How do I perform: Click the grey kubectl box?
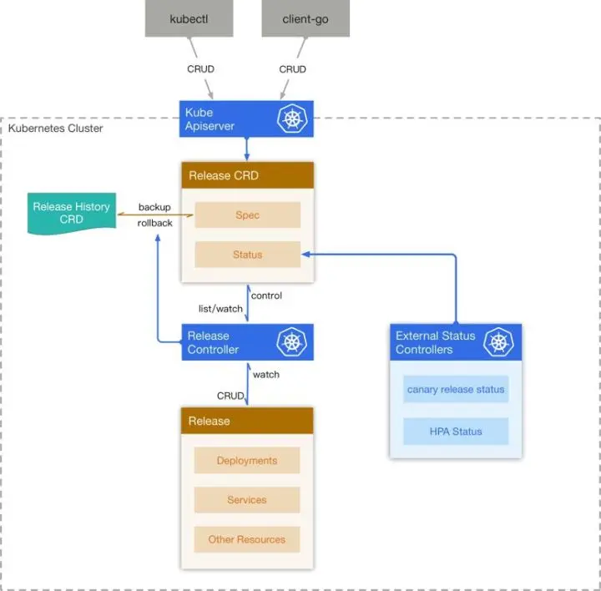tap(189, 18)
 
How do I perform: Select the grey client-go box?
tap(306, 18)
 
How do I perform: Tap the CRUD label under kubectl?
tap(200, 69)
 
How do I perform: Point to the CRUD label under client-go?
tap(292, 69)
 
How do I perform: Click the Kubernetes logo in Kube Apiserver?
tap(292, 119)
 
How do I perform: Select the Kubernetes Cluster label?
tap(56, 128)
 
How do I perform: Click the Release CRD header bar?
tap(248, 175)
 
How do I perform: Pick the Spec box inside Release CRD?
tap(248, 215)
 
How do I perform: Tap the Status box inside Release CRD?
tap(248, 255)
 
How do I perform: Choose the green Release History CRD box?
tap(72, 214)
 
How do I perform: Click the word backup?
tap(154, 207)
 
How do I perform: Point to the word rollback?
tap(155, 223)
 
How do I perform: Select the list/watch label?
tap(220, 309)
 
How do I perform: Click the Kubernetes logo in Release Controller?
tap(291, 342)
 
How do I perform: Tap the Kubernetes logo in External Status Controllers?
tap(498, 342)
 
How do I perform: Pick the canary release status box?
tap(456, 389)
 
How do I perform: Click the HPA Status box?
tap(456, 432)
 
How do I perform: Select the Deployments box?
tap(247, 460)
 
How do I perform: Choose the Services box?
tap(247, 500)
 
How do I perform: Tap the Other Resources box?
tap(247, 539)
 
